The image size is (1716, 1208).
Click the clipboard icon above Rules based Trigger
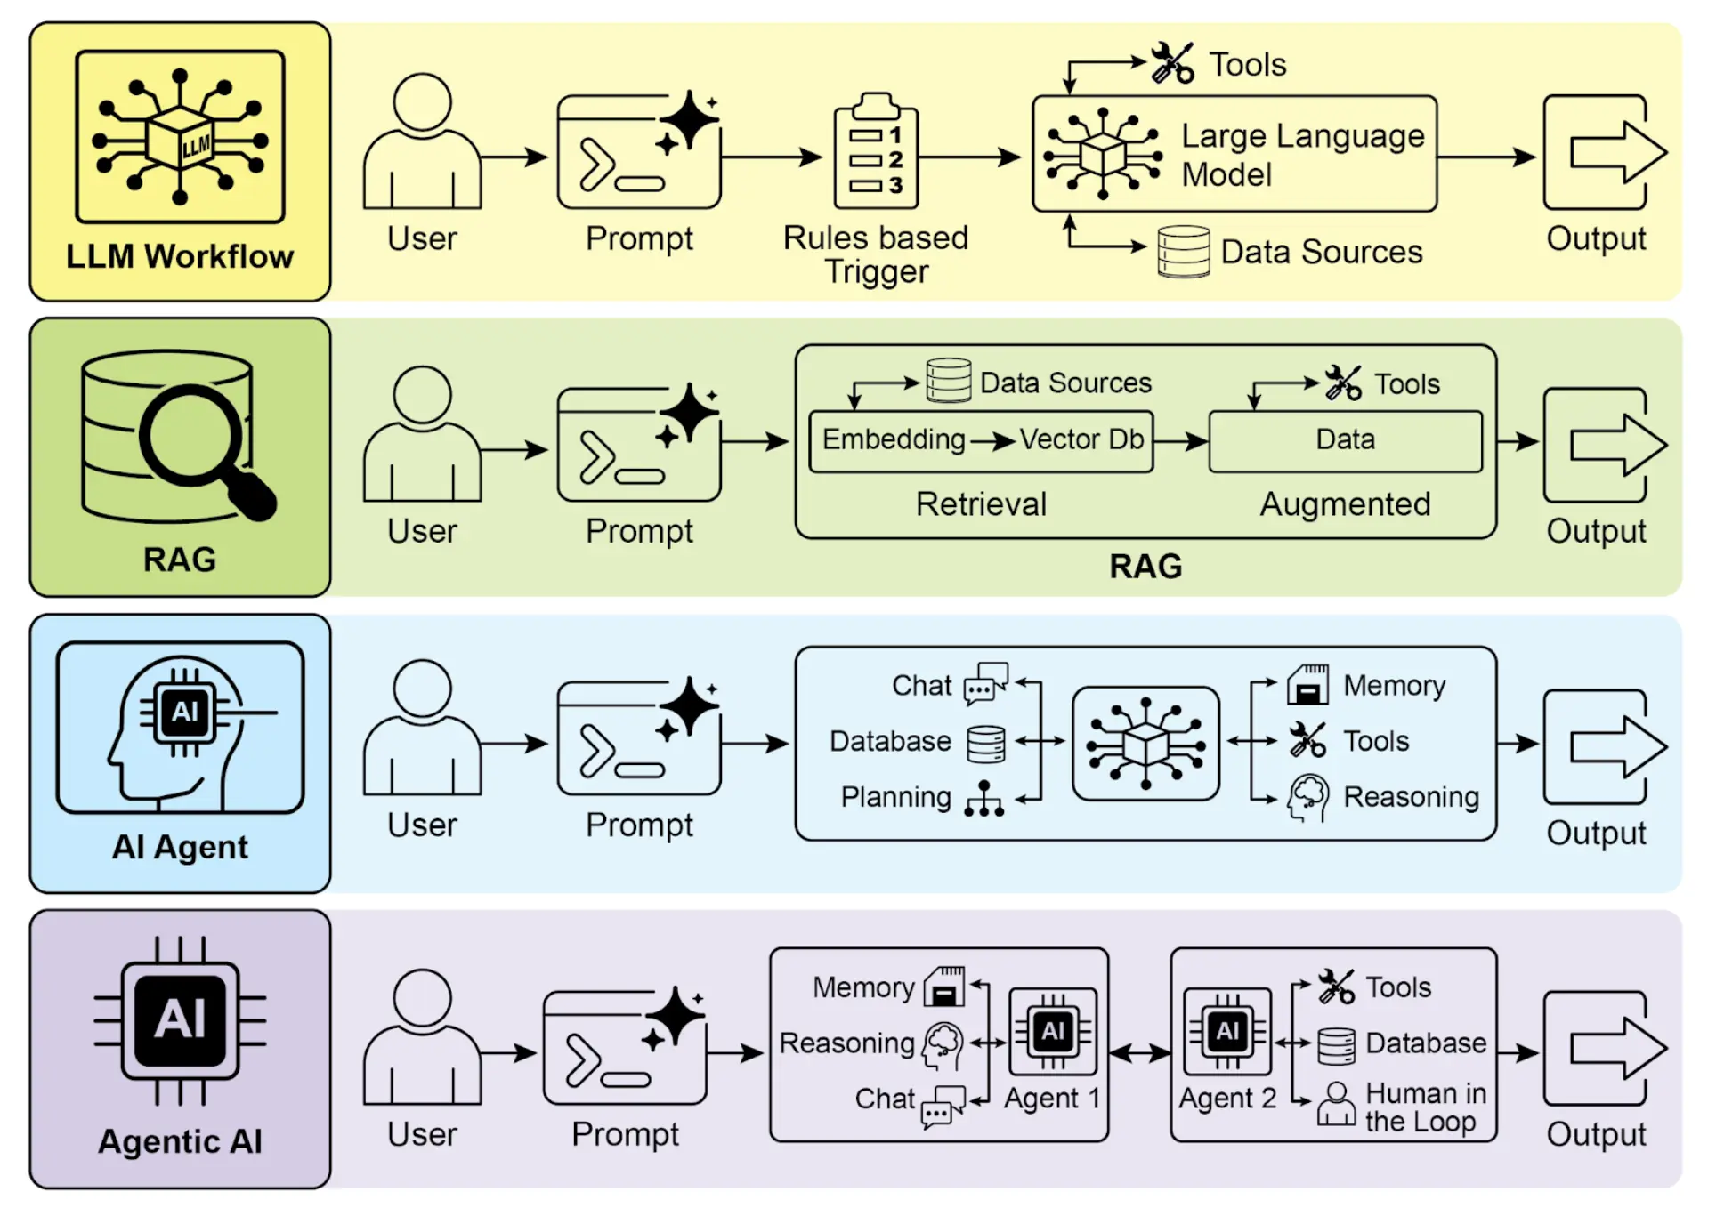coord(876,153)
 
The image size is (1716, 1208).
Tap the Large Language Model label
coord(1302,155)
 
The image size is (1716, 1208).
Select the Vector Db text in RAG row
coord(1081,439)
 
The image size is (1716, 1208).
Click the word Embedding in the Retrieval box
coord(893,439)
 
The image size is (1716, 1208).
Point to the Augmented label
coord(1345,504)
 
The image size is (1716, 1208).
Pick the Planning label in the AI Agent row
coord(895,797)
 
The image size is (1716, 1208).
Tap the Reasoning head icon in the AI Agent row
coord(1307,797)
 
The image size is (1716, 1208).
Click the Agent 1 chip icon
coord(1053,1031)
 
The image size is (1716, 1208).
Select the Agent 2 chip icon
coord(1227,1031)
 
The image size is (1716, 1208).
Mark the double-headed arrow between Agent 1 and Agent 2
coord(1139,1053)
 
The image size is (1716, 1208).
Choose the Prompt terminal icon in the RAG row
coord(638,445)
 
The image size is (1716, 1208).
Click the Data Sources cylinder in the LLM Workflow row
coord(1183,252)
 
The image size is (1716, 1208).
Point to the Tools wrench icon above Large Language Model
coord(1172,63)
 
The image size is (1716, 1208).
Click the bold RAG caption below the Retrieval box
coord(1145,567)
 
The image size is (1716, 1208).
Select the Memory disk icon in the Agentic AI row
coord(945,987)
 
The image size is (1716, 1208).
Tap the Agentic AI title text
coord(180,1141)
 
